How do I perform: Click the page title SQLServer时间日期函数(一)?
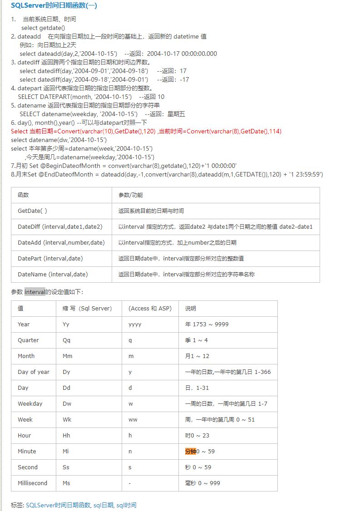click(x=54, y=6)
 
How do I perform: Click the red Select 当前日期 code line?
click(x=146, y=131)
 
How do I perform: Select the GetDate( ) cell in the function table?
click(x=32, y=211)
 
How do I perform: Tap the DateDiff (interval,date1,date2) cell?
click(x=60, y=226)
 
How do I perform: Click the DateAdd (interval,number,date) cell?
click(x=61, y=242)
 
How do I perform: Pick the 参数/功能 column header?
click(x=130, y=195)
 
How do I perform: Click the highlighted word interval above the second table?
click(x=35, y=292)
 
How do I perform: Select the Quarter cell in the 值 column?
click(x=28, y=340)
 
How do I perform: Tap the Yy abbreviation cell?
click(x=66, y=324)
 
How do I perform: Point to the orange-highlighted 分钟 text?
click(x=190, y=452)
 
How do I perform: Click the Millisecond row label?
click(x=32, y=483)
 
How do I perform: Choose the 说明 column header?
click(x=191, y=309)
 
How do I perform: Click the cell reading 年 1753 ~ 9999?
click(x=207, y=324)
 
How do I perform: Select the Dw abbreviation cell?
click(x=67, y=404)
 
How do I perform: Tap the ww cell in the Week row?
click(x=133, y=420)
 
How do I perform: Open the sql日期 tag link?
click(x=104, y=505)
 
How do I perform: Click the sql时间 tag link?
click(x=127, y=505)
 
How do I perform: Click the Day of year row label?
click(x=34, y=372)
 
